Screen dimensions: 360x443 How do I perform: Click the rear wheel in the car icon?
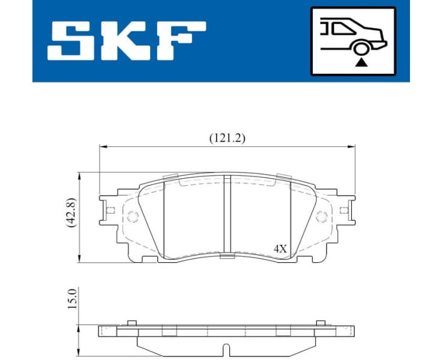point(361,49)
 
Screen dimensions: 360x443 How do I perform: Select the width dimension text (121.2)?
point(227,137)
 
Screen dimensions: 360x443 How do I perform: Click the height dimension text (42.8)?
point(71,213)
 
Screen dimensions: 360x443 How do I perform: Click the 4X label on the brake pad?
point(280,248)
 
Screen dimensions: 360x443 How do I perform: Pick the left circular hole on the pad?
point(133,216)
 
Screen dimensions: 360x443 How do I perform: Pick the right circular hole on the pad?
point(321,216)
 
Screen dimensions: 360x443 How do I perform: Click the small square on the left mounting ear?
point(110,210)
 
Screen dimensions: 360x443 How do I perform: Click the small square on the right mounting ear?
point(343,210)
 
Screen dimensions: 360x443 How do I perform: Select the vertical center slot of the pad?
point(227,215)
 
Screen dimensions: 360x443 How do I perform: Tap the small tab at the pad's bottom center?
point(227,257)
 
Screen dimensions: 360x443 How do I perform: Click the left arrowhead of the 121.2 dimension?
point(102,146)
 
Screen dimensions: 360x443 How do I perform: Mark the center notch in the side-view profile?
point(227,349)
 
